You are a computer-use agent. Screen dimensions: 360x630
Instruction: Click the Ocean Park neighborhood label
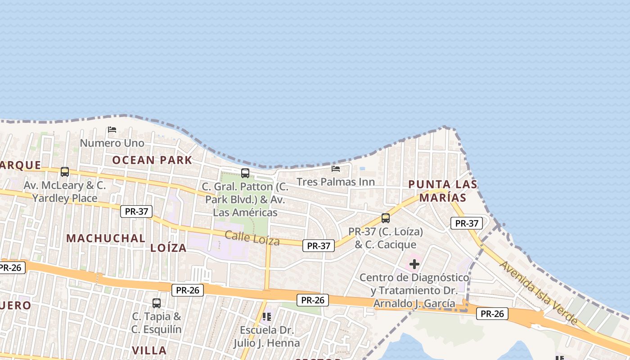click(x=152, y=160)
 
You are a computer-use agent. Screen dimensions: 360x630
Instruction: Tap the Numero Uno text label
click(x=112, y=143)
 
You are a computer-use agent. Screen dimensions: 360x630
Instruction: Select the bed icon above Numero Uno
click(x=112, y=130)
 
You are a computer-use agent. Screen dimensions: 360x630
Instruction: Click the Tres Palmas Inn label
click(x=336, y=182)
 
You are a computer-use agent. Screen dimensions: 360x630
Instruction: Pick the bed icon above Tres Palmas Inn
click(x=336, y=169)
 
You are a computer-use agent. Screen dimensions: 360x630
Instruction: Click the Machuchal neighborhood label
click(x=106, y=238)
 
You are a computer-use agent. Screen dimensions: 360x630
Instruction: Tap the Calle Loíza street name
click(x=252, y=238)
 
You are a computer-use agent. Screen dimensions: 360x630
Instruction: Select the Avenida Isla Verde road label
click(x=538, y=292)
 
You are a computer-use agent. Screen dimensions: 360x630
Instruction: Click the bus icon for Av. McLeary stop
click(x=65, y=171)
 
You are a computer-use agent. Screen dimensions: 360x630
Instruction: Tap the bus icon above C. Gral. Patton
click(x=245, y=173)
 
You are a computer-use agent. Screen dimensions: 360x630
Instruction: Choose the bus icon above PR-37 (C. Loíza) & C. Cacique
click(x=386, y=218)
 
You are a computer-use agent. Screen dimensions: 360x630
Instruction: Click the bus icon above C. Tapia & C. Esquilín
click(x=157, y=303)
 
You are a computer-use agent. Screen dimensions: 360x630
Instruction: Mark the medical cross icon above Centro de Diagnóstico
click(x=414, y=264)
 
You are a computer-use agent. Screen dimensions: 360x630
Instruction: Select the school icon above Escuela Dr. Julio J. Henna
click(x=267, y=317)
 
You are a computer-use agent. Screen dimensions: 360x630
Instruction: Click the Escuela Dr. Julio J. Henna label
click(x=266, y=337)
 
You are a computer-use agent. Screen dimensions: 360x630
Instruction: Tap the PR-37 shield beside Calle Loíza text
click(x=318, y=245)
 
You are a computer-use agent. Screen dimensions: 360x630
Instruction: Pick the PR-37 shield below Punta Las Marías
click(x=467, y=223)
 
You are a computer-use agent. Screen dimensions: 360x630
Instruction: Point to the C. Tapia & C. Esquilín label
click(x=157, y=323)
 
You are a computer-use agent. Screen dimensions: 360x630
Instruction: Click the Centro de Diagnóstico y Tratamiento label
click(x=414, y=290)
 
